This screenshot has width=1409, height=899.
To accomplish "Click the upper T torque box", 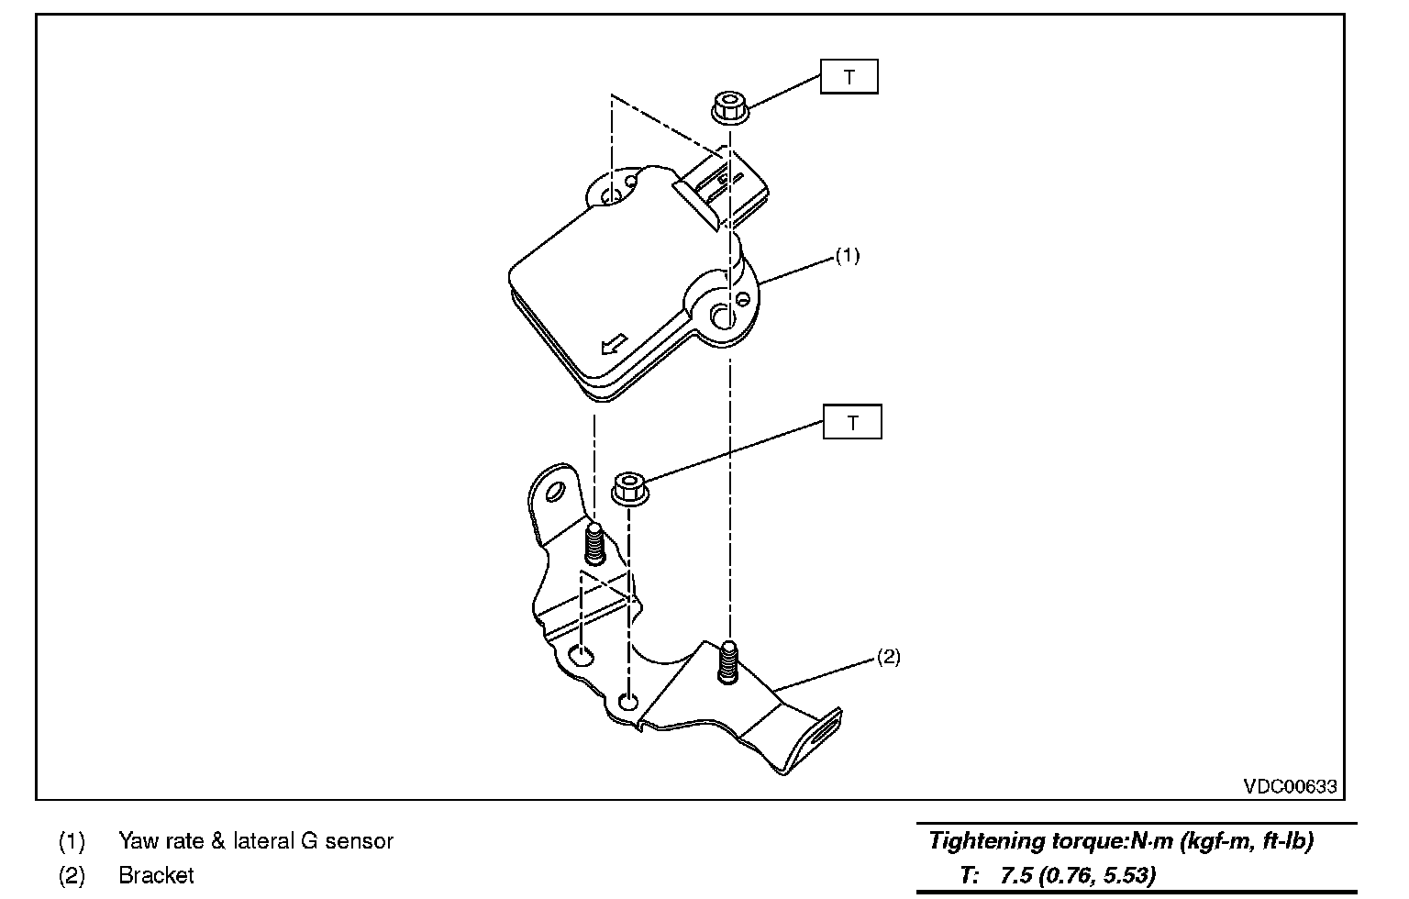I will [849, 77].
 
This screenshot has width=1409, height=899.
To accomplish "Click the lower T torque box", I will [852, 422].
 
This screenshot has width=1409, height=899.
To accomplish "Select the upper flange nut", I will [730, 108].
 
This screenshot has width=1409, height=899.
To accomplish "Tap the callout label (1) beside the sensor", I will [847, 256].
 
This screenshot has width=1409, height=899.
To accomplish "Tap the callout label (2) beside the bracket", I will [888, 657].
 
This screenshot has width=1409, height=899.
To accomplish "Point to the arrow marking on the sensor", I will [612, 344].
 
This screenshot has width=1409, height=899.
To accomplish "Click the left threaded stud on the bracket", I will [594, 545].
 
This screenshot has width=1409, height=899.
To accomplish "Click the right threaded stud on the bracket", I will [728, 660].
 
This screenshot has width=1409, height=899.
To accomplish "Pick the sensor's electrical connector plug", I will [725, 188].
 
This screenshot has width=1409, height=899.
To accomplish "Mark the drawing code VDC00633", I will [1290, 786].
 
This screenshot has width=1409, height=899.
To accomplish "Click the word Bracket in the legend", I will [156, 875].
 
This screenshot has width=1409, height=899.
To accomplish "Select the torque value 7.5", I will [1014, 875].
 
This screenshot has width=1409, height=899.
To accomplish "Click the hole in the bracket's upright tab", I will [553, 494].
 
